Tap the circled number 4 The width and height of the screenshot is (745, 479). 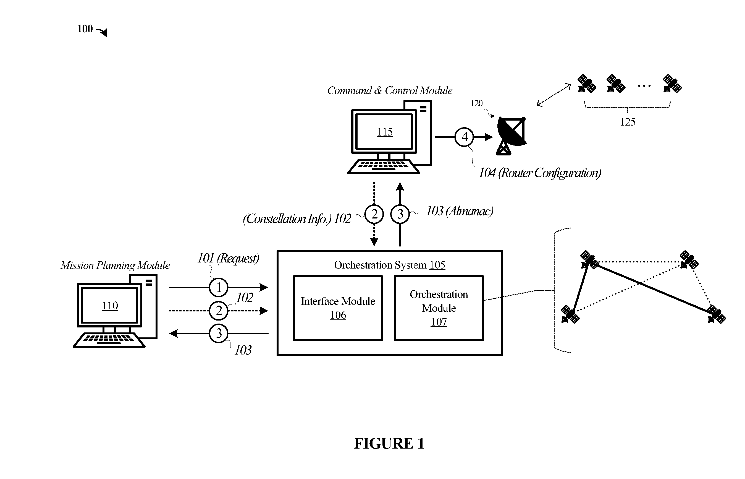464,137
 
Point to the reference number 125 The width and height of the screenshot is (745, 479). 628,122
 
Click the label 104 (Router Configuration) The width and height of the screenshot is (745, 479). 540,173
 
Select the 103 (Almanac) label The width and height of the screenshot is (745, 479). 460,211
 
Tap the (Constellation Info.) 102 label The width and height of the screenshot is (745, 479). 297,219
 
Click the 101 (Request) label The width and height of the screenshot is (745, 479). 229,258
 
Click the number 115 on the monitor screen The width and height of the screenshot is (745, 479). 385,132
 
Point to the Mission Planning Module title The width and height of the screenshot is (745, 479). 115,265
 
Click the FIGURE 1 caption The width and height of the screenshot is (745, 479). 389,443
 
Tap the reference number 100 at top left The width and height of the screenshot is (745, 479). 85,29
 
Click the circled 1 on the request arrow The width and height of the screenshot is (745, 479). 219,287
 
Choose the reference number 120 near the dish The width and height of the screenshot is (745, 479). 476,103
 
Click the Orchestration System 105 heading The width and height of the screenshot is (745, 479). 390,265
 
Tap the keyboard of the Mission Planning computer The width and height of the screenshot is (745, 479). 109,340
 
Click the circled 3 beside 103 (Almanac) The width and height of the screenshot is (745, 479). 400,214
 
